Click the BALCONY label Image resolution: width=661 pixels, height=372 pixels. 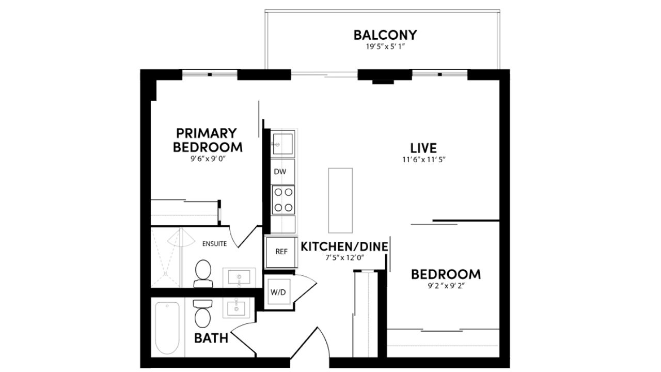(x=385, y=35)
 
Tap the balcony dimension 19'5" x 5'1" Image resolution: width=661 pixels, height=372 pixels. (x=385, y=47)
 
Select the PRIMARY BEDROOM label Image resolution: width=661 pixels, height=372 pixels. (x=208, y=140)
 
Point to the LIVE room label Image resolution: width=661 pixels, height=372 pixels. (x=423, y=148)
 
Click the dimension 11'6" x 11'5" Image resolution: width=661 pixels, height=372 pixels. (x=424, y=160)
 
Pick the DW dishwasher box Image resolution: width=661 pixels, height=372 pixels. (x=282, y=172)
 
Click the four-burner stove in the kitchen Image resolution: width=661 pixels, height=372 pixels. (x=284, y=200)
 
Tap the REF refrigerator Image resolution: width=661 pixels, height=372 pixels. (x=281, y=252)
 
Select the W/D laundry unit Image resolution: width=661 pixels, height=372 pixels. (x=278, y=292)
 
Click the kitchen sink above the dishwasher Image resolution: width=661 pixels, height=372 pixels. (x=282, y=144)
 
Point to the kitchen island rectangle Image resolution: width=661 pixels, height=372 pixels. (x=340, y=200)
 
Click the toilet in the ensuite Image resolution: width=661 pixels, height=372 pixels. (x=203, y=274)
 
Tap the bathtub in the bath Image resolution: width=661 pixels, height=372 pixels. (x=167, y=328)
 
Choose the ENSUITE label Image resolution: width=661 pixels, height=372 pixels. (x=214, y=244)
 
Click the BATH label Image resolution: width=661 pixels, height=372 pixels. (x=211, y=338)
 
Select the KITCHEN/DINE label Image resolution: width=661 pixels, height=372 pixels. (x=344, y=247)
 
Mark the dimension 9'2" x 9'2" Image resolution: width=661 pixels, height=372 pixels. (x=446, y=286)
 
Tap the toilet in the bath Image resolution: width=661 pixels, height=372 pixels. (x=203, y=314)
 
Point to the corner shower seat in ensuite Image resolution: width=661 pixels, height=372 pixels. (x=181, y=239)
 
